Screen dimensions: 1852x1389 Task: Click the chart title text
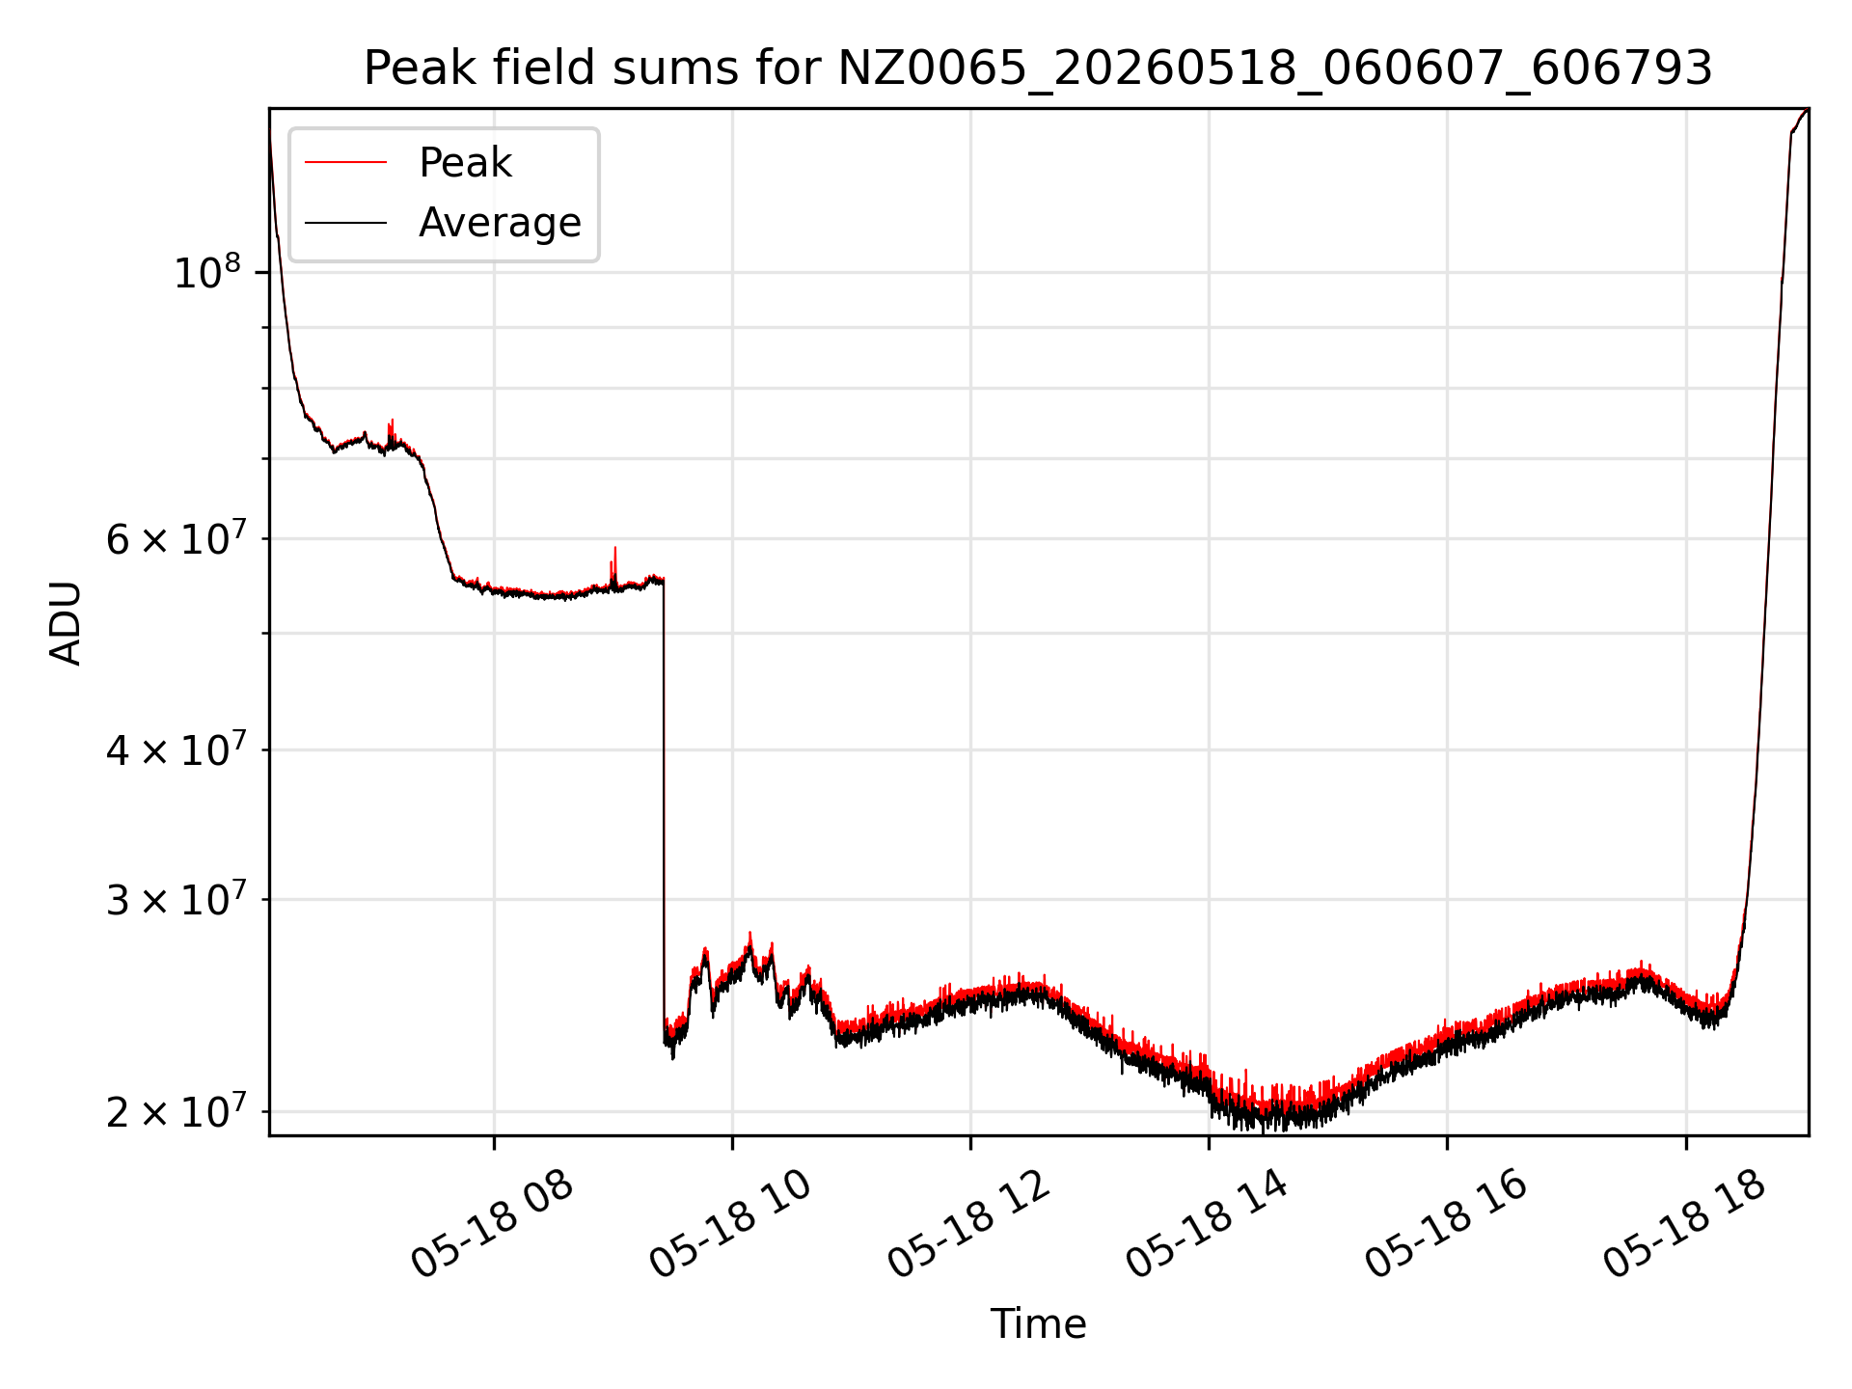(1038, 68)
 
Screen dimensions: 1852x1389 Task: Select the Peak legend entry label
(465, 163)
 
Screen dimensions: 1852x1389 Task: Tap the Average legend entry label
(500, 223)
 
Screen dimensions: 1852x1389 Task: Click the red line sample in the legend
(345, 162)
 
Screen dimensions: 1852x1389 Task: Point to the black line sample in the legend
(345, 223)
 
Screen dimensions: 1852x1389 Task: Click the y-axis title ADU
(66, 622)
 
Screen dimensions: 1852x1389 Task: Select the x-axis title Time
(1038, 1323)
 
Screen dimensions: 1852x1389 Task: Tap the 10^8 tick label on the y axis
(205, 272)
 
